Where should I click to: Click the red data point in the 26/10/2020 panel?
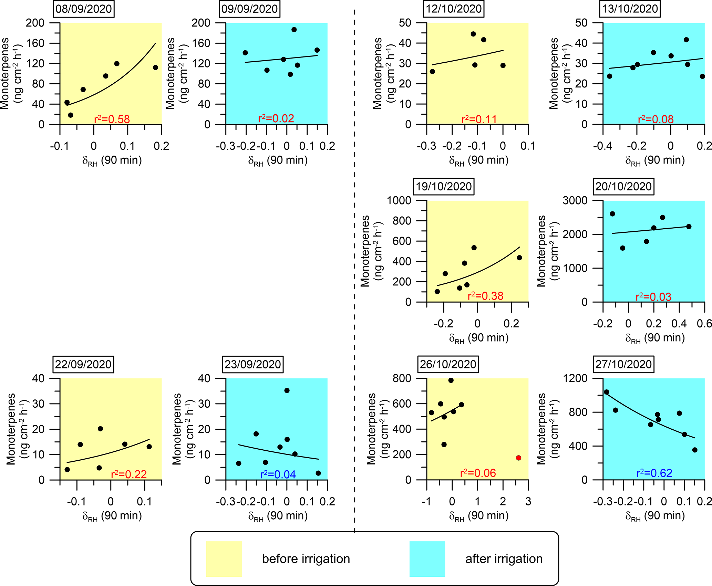point(518,458)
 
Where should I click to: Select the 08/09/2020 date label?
point(84,9)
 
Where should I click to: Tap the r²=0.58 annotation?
point(112,119)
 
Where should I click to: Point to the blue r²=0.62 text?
point(654,473)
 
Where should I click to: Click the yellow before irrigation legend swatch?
point(224,558)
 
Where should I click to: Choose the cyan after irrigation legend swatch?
point(427,558)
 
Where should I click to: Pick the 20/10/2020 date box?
point(623,186)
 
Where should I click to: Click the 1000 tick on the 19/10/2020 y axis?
point(399,200)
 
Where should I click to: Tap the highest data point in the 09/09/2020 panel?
point(294,30)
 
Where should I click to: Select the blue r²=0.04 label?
point(278,474)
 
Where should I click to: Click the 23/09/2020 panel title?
point(253,364)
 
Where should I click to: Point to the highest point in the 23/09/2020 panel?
point(287,390)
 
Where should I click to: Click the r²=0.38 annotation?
point(485,296)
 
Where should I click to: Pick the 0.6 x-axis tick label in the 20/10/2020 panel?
point(704,324)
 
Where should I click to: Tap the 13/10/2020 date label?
point(630,9)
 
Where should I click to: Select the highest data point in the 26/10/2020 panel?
point(451,380)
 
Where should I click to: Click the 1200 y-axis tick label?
point(575,378)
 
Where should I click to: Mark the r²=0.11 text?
point(479,119)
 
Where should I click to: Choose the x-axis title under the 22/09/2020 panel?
point(112,516)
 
